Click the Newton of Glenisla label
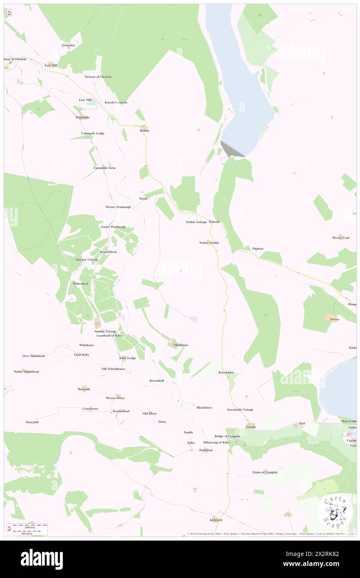coord(98,77)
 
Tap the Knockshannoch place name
coord(116,102)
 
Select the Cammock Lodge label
coord(93,133)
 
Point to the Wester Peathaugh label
coord(118,207)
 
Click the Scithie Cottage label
coord(196,222)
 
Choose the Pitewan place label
coord(258,249)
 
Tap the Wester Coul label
coord(340,238)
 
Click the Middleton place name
coord(181,345)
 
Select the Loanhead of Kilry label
coord(109,335)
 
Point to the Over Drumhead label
coord(33,356)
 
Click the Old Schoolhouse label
coord(113,369)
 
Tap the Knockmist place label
coord(226,372)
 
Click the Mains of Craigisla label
coord(265,472)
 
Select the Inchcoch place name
coord(216,520)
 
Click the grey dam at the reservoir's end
coord(231,150)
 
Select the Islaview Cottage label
coord(87,259)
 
